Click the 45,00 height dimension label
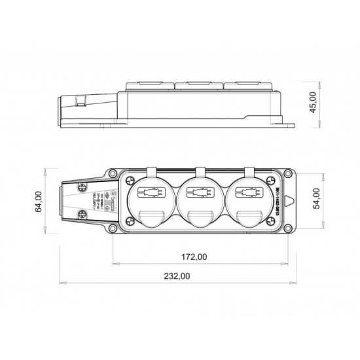pos(313,103)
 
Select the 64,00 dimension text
pos(39,201)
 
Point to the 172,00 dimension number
pos(196,257)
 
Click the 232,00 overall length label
pos(176,276)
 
